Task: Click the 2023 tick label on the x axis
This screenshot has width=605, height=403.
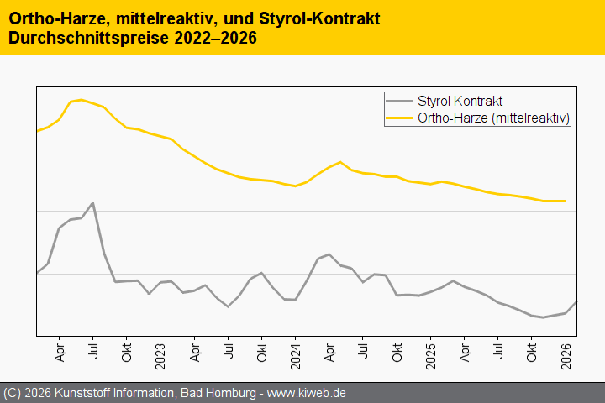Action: [160, 359]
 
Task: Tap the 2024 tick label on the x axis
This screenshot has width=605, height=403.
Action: [295, 359]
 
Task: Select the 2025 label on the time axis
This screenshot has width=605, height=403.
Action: [430, 359]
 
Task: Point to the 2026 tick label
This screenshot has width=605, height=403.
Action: [566, 359]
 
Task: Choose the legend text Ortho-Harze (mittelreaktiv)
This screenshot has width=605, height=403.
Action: [494, 118]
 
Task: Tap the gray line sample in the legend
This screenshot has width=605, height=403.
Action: [399, 101]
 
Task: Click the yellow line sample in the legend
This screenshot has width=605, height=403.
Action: [399, 118]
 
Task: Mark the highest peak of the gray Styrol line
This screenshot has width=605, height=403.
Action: [92, 203]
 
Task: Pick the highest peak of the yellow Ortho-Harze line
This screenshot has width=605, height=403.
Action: [81, 100]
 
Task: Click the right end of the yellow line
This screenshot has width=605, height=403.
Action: [566, 201]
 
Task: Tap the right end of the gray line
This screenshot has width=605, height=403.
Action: [577, 301]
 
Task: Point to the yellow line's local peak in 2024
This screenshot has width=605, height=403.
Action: [340, 162]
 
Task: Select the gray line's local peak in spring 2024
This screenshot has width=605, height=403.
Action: [329, 254]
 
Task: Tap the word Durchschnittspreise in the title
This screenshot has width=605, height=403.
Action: [90, 38]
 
